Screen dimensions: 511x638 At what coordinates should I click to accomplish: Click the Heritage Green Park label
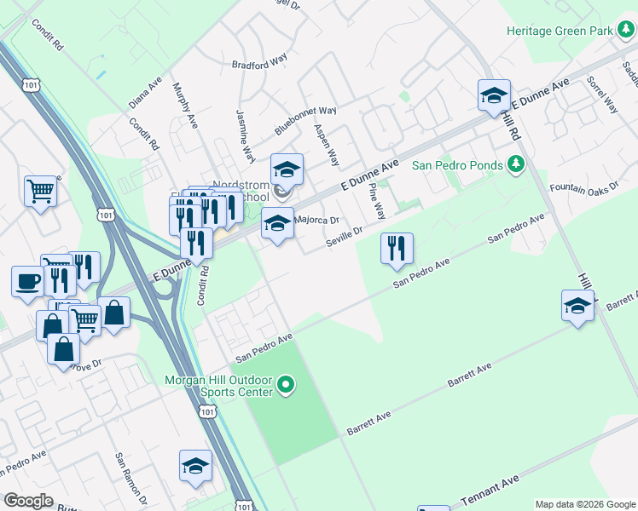pyautogui.click(x=560, y=30)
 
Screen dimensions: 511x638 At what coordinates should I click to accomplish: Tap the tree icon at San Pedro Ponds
pyautogui.click(x=515, y=164)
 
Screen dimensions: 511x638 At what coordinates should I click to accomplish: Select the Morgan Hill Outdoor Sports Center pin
pyautogui.click(x=287, y=386)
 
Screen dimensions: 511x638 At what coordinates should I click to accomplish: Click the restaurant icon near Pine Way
pyautogui.click(x=397, y=249)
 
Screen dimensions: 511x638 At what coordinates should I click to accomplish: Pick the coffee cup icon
pyautogui.click(x=28, y=281)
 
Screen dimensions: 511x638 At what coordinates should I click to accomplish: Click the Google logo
pyautogui.click(x=28, y=501)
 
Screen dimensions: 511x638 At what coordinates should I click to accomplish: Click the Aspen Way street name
pyautogui.click(x=327, y=146)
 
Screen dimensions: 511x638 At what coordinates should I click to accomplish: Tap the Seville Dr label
pyautogui.click(x=345, y=237)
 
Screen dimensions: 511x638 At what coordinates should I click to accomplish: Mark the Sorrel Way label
pyautogui.click(x=601, y=95)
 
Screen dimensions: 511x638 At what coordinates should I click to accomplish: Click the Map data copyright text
pyautogui.click(x=584, y=504)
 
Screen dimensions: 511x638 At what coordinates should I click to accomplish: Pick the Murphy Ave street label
pyautogui.click(x=185, y=106)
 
